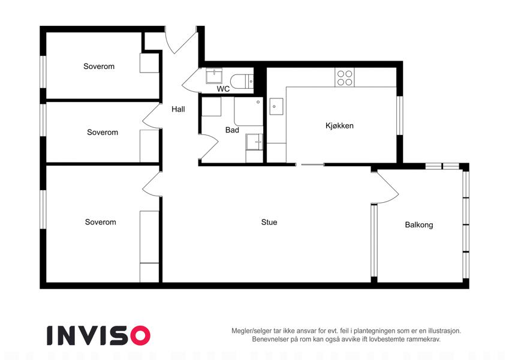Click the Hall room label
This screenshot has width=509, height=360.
click(x=178, y=109)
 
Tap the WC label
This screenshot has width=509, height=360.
click(x=223, y=89)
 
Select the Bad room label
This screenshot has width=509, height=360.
click(x=232, y=130)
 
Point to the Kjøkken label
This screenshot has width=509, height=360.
click(x=339, y=126)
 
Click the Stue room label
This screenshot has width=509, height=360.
click(x=269, y=222)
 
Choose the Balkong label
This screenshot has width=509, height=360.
click(x=418, y=225)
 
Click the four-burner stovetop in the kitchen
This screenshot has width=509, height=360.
click(x=344, y=77)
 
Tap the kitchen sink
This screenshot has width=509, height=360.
click(x=276, y=107)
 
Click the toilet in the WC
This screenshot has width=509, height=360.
click(x=242, y=81)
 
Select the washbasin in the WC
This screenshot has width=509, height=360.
click(x=214, y=76)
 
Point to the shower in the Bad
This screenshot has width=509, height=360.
click(x=248, y=111)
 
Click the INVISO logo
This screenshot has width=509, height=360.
click(x=98, y=335)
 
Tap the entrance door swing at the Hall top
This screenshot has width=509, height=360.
click(x=181, y=41)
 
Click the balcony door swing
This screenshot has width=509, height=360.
click(x=385, y=187)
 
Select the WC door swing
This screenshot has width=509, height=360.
click(x=190, y=80)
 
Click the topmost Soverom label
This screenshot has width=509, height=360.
click(x=99, y=66)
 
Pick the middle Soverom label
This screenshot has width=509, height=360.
click(x=103, y=132)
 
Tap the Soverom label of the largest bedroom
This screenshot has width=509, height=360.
click(x=101, y=222)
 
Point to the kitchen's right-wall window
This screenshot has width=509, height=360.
click(x=400, y=115)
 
